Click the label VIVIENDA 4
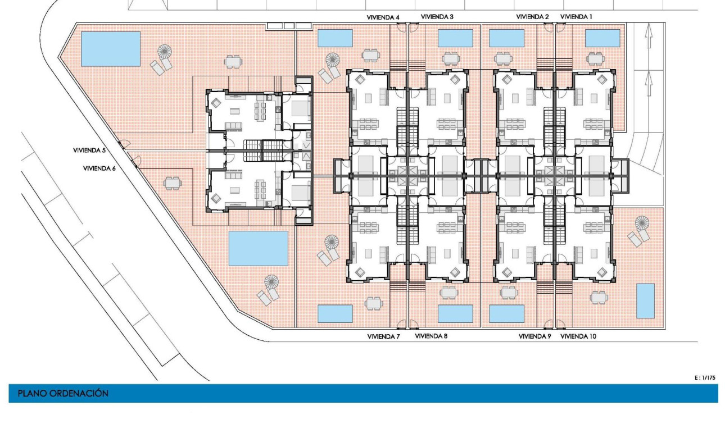click(x=383, y=17)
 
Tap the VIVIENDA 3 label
click(x=437, y=17)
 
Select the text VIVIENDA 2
click(x=532, y=17)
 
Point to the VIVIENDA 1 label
click(x=577, y=17)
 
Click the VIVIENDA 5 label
click(x=89, y=151)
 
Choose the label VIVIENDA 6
click(x=99, y=168)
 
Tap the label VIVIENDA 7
click(x=383, y=336)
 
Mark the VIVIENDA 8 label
click(x=432, y=336)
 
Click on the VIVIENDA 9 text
click(x=534, y=336)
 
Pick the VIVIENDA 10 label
click(x=578, y=336)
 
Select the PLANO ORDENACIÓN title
click(x=63, y=394)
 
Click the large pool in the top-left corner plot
click(x=111, y=49)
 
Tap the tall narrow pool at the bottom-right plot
click(x=645, y=300)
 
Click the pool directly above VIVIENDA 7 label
click(x=335, y=313)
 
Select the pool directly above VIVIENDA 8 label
click(x=455, y=313)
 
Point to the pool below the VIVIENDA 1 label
click(x=602, y=38)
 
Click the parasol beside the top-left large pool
click(x=165, y=52)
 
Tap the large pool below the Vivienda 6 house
click(x=258, y=248)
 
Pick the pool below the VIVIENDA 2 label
click(x=506, y=38)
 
